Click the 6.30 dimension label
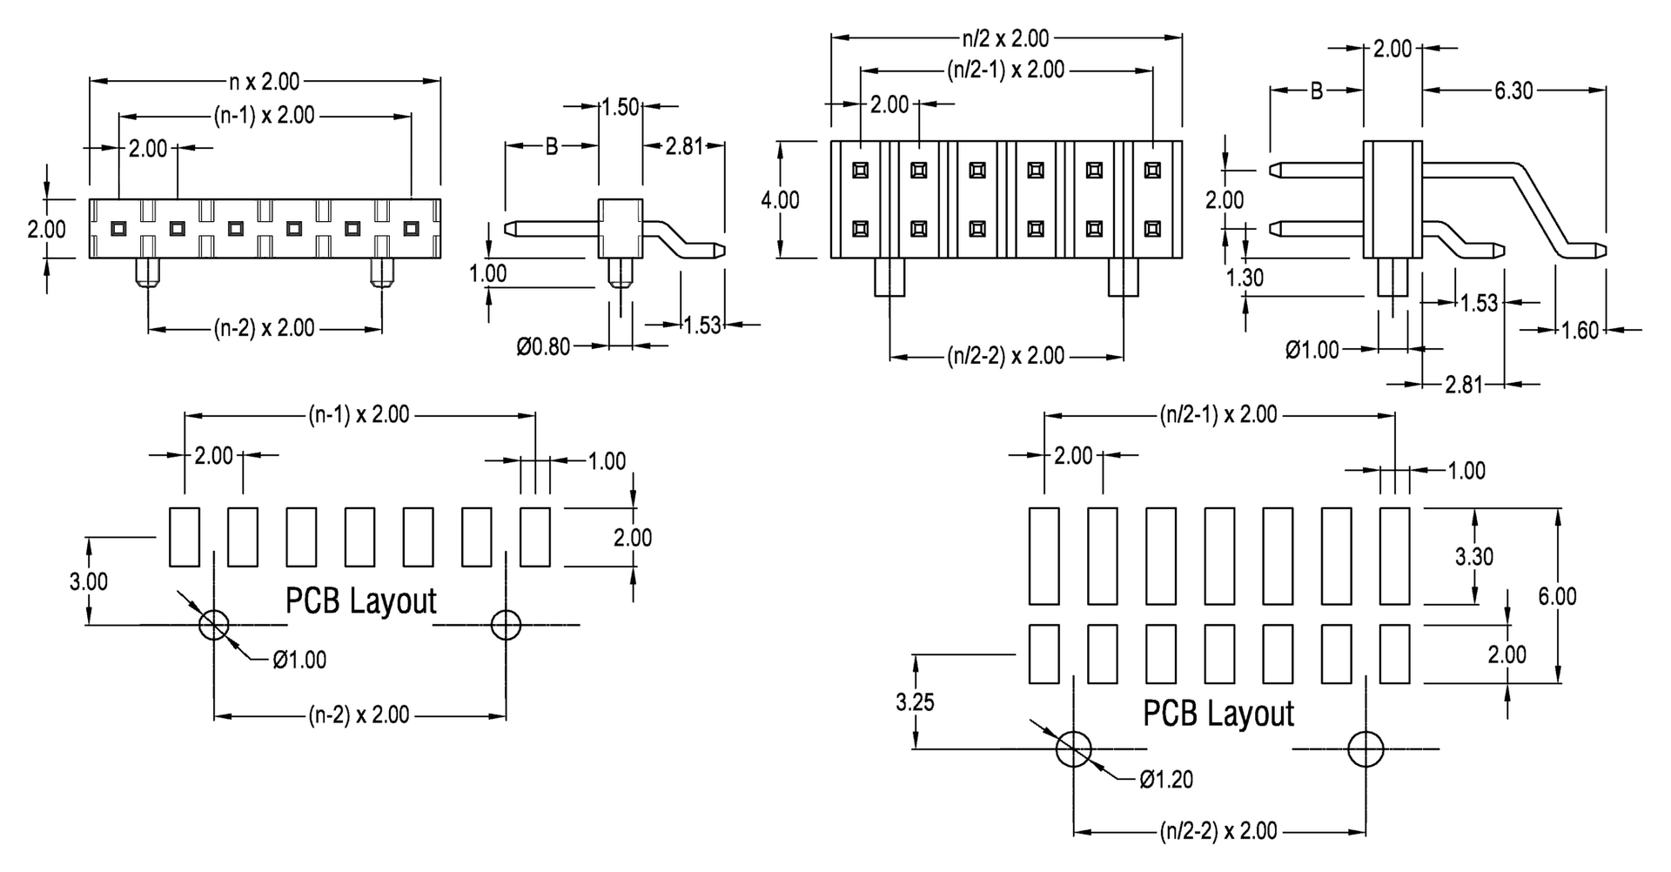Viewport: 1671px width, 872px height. point(1513,91)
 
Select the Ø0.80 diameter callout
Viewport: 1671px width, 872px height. point(543,347)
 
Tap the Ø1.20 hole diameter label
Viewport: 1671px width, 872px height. point(1166,779)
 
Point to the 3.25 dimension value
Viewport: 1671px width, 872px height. point(915,701)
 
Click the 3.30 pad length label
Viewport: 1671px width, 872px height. point(1474,556)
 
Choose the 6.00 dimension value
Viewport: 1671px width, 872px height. point(1557,596)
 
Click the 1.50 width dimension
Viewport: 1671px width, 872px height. point(621,107)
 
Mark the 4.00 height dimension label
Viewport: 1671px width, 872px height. point(780,199)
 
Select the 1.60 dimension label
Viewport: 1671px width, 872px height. point(1580,331)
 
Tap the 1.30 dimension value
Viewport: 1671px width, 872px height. point(1245,278)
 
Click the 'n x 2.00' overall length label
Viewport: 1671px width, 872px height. point(264,82)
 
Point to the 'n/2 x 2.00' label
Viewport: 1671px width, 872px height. point(1006,38)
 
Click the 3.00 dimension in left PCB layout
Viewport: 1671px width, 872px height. point(89,581)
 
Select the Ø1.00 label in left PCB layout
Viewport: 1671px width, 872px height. point(299,660)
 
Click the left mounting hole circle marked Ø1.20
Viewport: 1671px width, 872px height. point(1074,748)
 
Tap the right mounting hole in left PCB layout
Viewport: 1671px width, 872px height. point(506,624)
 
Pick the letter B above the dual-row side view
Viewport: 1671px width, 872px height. point(1317,91)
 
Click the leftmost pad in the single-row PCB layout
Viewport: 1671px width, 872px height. point(184,537)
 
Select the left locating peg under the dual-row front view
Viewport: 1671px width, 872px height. point(889,277)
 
